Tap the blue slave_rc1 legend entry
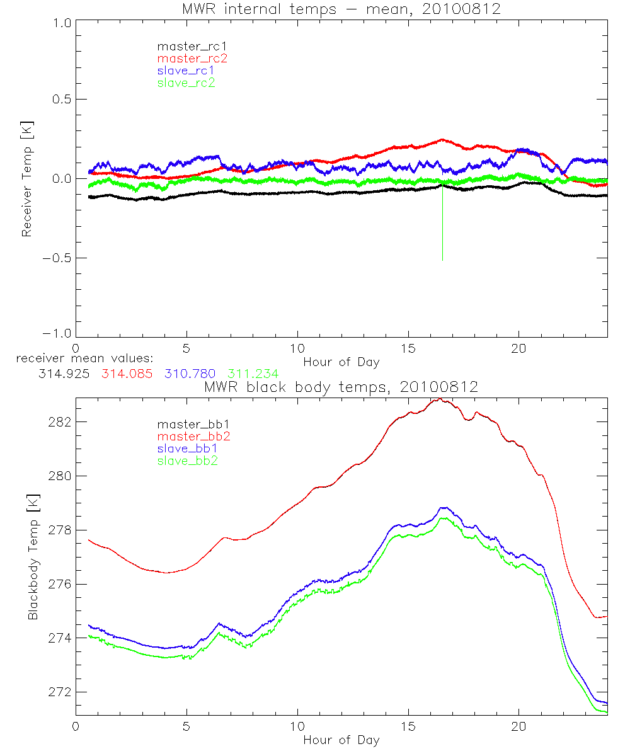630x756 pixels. pos(186,71)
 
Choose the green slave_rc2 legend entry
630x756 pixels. pos(186,83)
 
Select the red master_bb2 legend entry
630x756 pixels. pos(193,436)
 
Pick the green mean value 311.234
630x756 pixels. pos(253,374)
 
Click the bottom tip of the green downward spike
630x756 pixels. pos(443,260)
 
